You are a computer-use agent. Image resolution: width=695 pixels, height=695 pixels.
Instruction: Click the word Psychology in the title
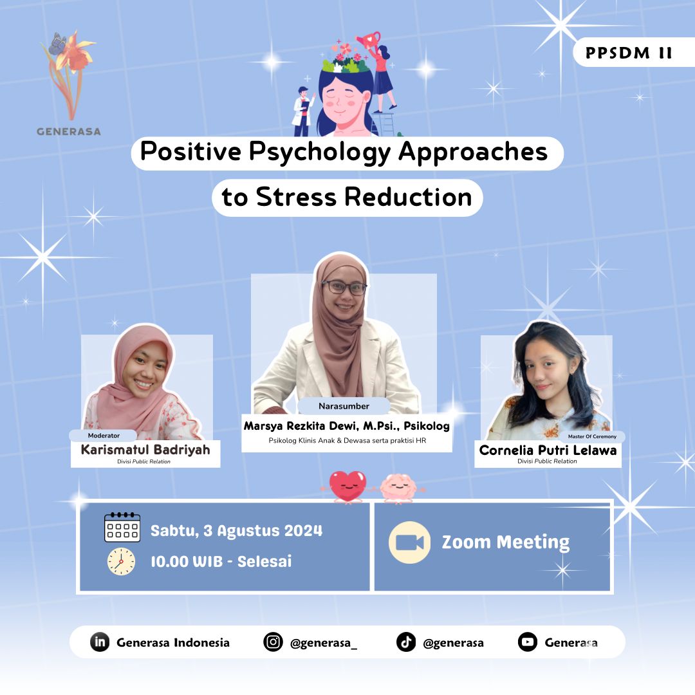point(320,153)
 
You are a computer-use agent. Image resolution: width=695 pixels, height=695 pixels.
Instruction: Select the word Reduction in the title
point(408,197)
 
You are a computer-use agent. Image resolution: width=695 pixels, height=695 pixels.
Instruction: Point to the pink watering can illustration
point(369,41)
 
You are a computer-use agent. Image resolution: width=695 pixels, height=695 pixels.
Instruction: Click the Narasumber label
point(344,406)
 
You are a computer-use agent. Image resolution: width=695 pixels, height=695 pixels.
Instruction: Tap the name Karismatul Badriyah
point(145,449)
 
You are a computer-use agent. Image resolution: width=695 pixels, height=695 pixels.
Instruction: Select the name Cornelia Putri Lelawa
point(548,450)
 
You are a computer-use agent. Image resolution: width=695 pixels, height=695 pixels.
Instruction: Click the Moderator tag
point(104,436)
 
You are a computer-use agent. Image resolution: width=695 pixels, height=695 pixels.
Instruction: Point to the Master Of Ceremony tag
point(592,436)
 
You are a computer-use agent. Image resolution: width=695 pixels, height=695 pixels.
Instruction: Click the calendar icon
point(122,528)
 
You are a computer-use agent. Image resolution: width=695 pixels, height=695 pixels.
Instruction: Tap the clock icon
point(121,562)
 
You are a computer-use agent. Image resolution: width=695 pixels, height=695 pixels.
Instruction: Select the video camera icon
point(409,542)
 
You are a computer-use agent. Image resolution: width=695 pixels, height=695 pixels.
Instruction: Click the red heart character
point(348,486)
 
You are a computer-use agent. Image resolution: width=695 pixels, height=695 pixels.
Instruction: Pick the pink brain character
point(399,488)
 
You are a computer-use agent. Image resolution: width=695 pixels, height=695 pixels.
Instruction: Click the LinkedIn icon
point(100,642)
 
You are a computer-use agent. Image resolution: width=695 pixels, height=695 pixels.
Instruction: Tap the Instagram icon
point(273,642)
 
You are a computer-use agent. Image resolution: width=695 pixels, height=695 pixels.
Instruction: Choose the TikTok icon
point(406,642)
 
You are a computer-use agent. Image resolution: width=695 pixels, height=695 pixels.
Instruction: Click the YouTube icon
point(528,642)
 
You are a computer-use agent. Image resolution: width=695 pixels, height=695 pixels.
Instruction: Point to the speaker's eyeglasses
point(344,288)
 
